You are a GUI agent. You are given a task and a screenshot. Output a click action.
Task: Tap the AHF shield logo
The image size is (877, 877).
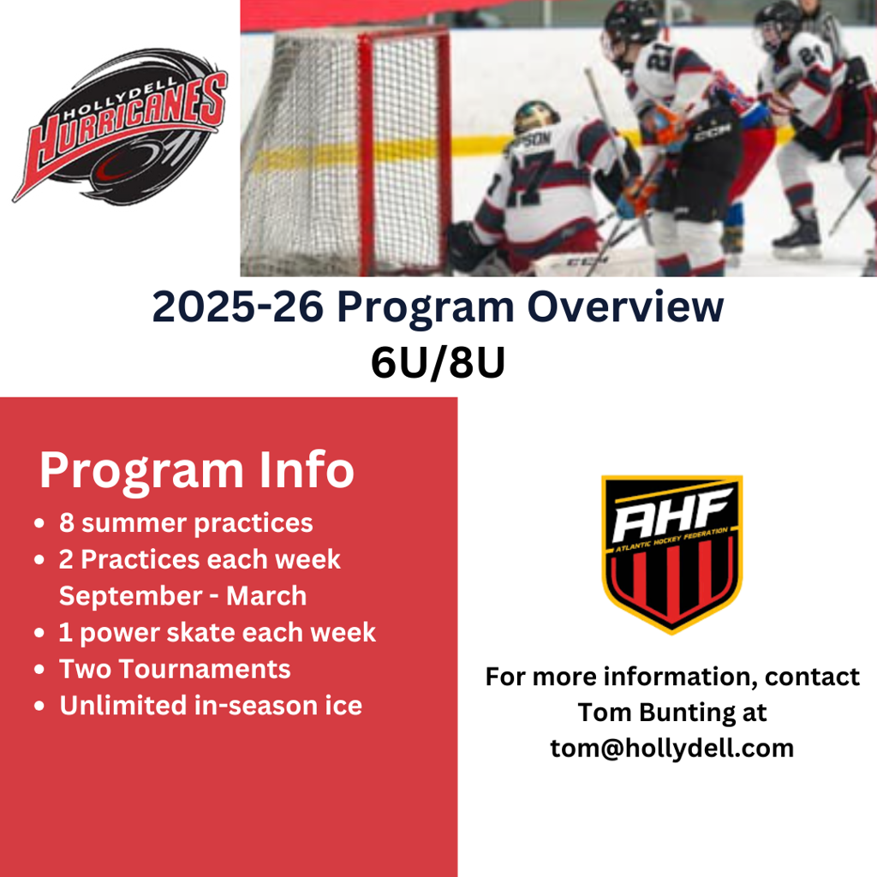click(x=671, y=554)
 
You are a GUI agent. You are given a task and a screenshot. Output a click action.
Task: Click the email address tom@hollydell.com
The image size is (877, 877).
click(x=671, y=749)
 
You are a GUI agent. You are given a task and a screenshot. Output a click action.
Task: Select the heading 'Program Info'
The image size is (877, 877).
click(x=197, y=471)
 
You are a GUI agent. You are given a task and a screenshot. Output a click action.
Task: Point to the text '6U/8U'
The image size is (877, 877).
click(x=438, y=362)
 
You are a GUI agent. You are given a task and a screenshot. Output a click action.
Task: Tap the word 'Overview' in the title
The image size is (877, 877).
click(x=625, y=307)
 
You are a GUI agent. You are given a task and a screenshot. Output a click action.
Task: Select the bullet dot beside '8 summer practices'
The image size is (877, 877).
click(x=39, y=524)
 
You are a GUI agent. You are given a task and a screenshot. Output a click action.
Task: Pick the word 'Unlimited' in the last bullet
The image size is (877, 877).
click(x=123, y=706)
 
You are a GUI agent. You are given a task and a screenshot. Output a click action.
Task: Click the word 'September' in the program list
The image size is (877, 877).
click(x=130, y=596)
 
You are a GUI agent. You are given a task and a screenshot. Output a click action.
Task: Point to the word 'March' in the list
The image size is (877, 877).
click(x=267, y=596)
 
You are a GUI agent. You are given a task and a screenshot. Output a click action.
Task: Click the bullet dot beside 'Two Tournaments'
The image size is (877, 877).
click(x=39, y=670)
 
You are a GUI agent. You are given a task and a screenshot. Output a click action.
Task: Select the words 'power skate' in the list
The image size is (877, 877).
click(x=158, y=633)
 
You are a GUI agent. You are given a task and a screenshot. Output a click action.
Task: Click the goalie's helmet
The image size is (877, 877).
click(x=536, y=116)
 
